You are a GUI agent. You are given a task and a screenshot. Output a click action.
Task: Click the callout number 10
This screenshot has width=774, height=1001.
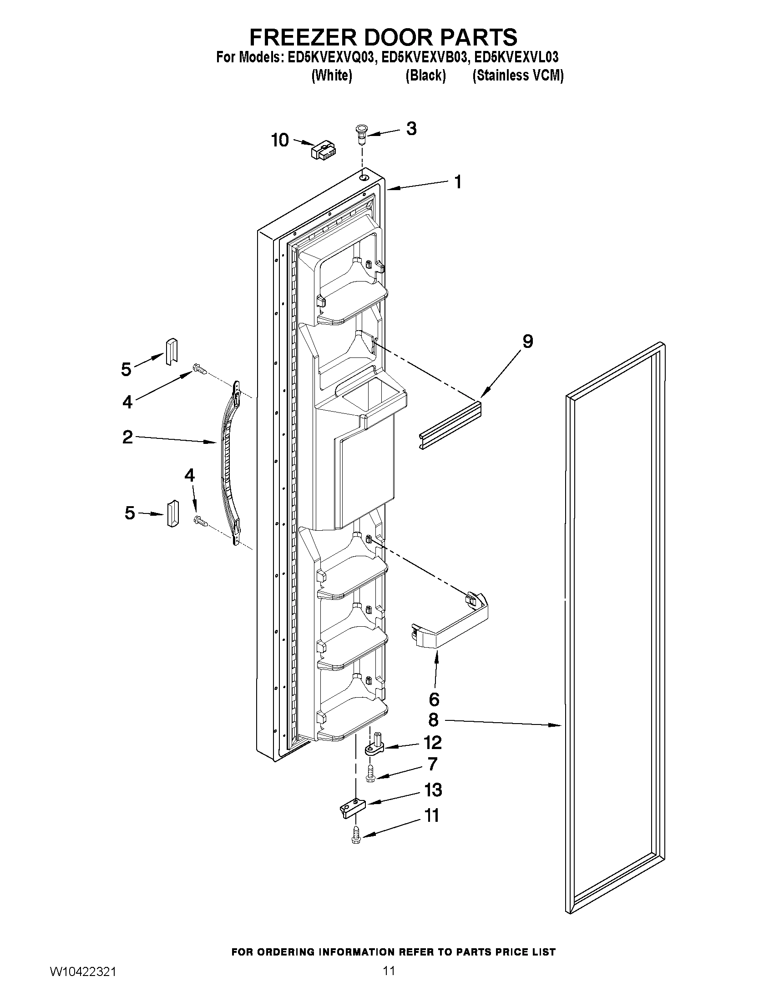(280, 140)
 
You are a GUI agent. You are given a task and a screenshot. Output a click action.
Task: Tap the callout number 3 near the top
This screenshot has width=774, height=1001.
(411, 129)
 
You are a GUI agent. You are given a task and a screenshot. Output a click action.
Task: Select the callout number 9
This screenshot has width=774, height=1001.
(528, 341)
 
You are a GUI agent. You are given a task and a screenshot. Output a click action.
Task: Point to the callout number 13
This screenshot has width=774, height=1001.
(433, 790)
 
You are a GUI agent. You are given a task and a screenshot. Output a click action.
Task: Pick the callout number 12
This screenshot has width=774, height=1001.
(432, 742)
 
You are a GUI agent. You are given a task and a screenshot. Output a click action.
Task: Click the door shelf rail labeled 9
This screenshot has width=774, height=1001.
(450, 425)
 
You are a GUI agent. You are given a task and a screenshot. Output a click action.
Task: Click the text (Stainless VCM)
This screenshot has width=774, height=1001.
(518, 75)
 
